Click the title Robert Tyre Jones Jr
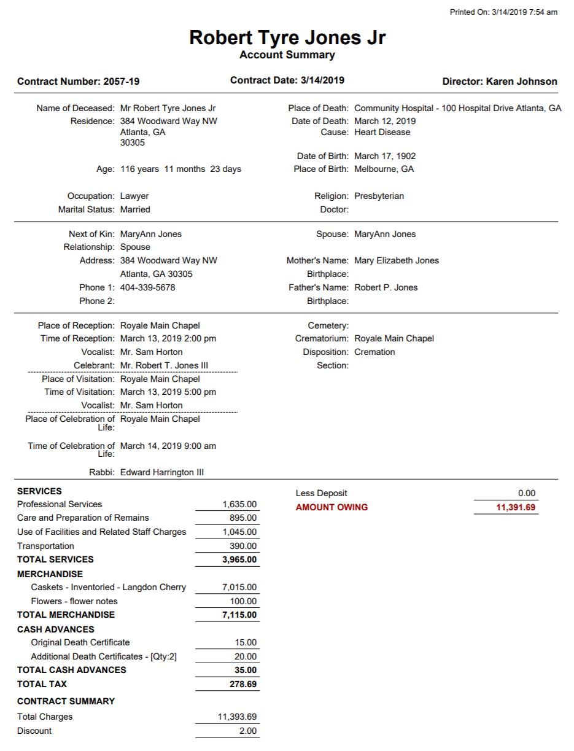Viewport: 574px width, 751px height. point(287,37)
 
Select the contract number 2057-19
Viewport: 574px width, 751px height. point(122,82)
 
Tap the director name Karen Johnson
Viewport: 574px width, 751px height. point(521,82)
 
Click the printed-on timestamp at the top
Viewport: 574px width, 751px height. point(503,12)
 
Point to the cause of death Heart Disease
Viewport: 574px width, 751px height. point(382,132)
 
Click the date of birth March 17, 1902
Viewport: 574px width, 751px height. point(385,156)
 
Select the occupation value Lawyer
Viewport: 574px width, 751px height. point(134,196)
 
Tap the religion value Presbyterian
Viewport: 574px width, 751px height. point(379,196)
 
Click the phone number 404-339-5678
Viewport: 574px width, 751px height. point(148,287)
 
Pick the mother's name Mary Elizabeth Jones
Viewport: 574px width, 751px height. point(397,260)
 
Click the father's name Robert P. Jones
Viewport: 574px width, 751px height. point(386,287)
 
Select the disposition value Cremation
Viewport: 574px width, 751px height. point(374,352)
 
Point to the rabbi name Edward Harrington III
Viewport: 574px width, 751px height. point(162,472)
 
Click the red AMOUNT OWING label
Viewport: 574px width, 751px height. point(332,507)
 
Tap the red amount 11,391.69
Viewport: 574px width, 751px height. point(516,507)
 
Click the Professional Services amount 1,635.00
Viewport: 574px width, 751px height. point(239,504)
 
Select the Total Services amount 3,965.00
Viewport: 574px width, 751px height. point(239,559)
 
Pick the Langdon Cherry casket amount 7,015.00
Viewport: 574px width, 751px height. point(239,587)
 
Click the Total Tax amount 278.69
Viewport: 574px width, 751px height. point(243,684)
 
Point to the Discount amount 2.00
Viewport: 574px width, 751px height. point(248,731)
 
